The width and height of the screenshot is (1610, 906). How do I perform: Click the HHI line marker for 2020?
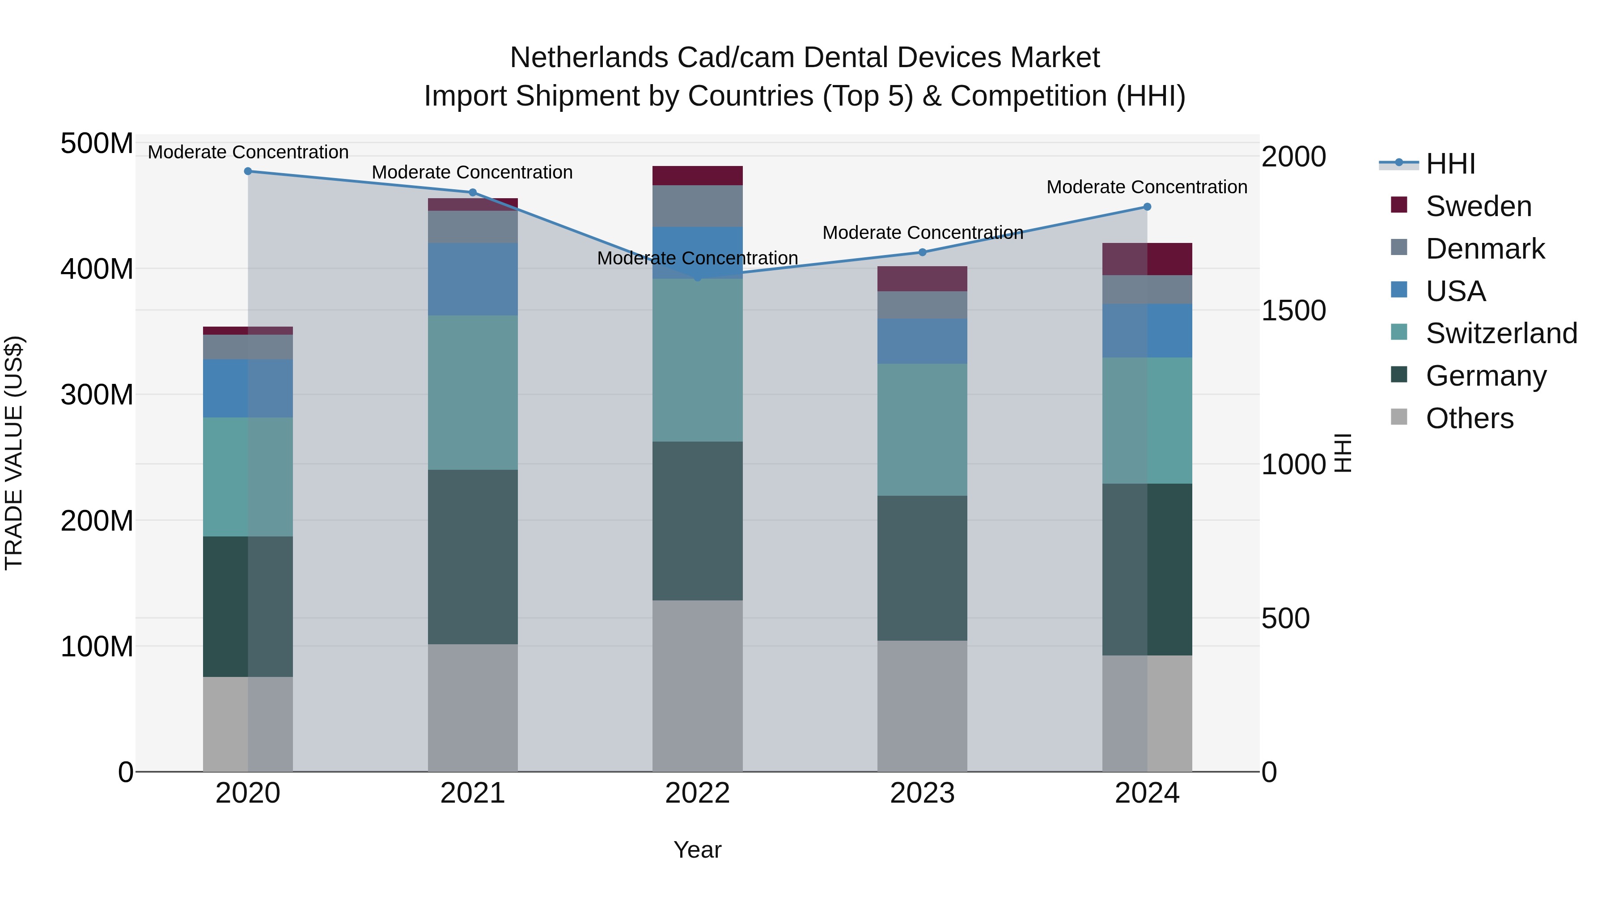point(248,171)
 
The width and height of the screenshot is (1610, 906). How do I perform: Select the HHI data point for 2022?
point(698,277)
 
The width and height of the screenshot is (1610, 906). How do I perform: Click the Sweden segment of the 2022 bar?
point(698,176)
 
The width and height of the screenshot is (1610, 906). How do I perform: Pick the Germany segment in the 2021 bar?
point(473,557)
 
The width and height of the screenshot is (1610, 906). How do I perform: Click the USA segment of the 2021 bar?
point(473,279)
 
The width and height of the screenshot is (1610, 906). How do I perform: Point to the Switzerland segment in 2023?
point(923,430)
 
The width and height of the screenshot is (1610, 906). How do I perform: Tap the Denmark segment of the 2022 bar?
point(698,206)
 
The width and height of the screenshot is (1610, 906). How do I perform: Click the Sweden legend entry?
point(1478,206)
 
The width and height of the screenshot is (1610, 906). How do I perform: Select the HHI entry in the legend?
point(1450,164)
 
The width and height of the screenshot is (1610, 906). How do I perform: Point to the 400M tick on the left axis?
point(97,269)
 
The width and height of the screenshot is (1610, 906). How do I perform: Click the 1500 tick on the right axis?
point(1293,311)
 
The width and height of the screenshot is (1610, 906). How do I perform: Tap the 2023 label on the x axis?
point(923,793)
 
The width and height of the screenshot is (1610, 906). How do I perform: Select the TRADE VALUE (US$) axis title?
point(14,453)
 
